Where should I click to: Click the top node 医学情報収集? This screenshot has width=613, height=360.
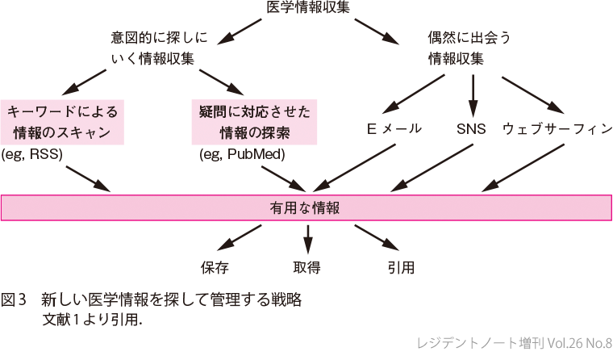(306, 9)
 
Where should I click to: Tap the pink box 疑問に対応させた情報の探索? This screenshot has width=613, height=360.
(254, 122)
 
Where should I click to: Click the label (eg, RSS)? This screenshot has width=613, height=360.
(32, 153)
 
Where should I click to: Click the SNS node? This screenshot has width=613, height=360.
(472, 129)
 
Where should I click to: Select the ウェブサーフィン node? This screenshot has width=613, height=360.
(557, 129)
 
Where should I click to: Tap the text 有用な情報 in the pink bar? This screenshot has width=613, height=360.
(306, 207)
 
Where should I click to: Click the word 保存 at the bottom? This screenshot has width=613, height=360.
(215, 266)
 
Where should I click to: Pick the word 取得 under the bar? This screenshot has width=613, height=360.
(307, 266)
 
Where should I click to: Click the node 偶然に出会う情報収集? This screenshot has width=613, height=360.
(470, 48)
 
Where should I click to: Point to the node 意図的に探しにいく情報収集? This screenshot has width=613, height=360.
(160, 48)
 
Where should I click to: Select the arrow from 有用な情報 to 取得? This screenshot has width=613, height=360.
(307, 238)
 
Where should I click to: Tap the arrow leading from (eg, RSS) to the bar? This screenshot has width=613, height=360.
(89, 178)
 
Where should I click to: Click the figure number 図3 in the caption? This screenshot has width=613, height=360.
(15, 300)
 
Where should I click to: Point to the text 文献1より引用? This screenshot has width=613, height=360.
(93, 318)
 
